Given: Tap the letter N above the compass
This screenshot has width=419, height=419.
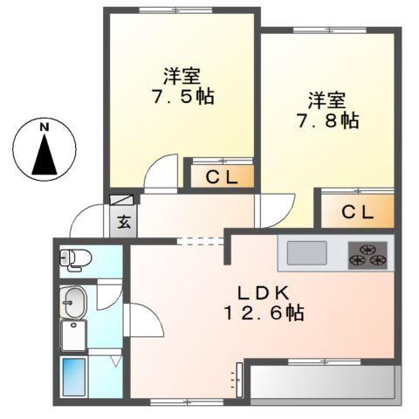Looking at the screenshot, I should pyautogui.click(x=44, y=127).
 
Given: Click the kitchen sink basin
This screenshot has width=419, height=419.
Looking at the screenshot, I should pyautogui.click(x=307, y=253).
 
